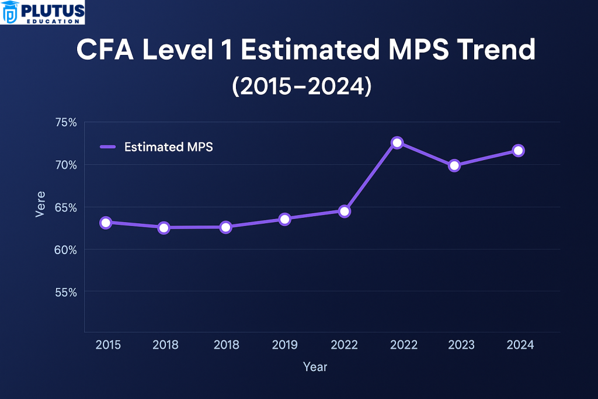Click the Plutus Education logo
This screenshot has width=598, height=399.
click(x=43, y=12)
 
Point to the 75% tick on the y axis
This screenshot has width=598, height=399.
click(x=66, y=122)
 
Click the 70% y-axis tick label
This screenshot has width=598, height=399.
click(x=66, y=165)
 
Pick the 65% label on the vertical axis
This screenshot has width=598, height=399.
click(x=66, y=207)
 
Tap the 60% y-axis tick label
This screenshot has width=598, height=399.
click(x=66, y=249)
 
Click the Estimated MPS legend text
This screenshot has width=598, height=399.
click(x=169, y=147)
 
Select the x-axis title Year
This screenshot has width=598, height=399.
click(x=315, y=367)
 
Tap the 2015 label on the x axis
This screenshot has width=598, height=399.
click(x=108, y=345)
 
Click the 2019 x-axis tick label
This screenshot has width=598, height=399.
click(x=284, y=345)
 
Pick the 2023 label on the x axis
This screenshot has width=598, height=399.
click(x=461, y=345)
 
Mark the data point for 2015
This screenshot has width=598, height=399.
click(x=106, y=223)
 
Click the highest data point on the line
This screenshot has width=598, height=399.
click(x=397, y=143)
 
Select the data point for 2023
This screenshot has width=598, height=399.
click(x=454, y=165)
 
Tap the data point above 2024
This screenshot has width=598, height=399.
click(x=518, y=151)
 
